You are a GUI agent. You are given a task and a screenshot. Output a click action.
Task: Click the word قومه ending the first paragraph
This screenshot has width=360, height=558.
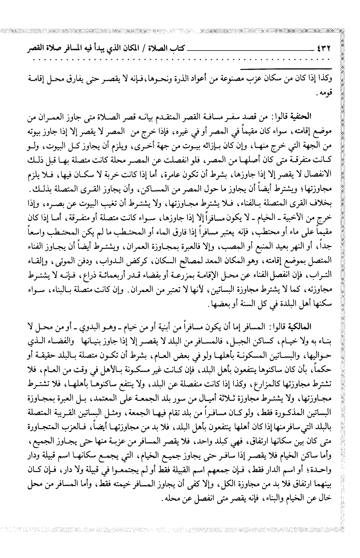pyautogui.click(x=325, y=92)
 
